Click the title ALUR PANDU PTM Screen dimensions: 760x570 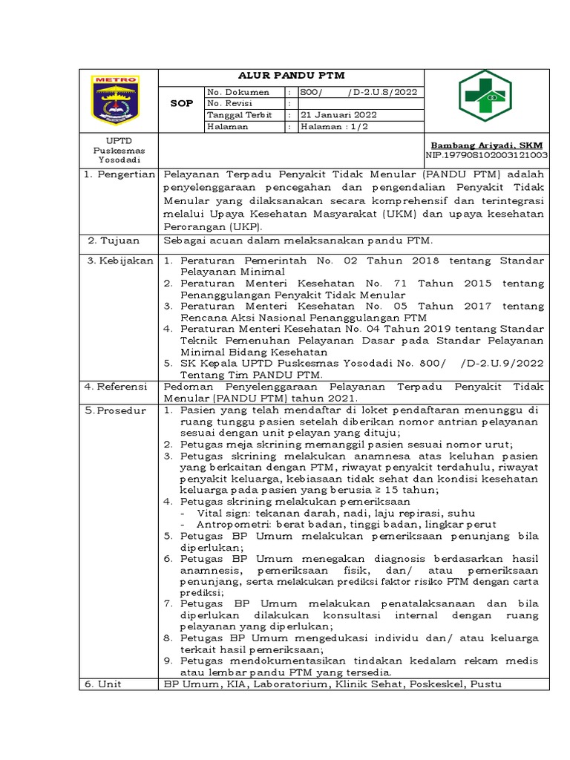(291, 76)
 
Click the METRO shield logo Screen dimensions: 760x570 (115, 99)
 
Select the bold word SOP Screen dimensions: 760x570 (182, 103)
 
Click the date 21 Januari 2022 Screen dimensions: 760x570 (338, 115)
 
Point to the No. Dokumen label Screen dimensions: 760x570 (238, 91)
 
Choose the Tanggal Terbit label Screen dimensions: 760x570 (240, 115)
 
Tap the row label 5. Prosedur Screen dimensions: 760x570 (117, 410)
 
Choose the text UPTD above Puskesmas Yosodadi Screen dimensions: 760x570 (119, 140)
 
